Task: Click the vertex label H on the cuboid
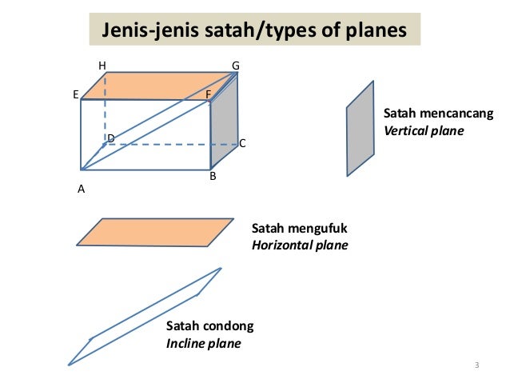pyautogui.click(x=102, y=66)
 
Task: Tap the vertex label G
pyautogui.click(x=236, y=66)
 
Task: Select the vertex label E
pyautogui.click(x=75, y=94)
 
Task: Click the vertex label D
pyautogui.click(x=111, y=138)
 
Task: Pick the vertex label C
pyautogui.click(x=242, y=144)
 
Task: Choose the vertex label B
pyautogui.click(x=213, y=176)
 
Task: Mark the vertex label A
pyautogui.click(x=81, y=190)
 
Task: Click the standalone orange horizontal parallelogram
pyautogui.click(x=156, y=231)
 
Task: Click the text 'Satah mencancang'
pyautogui.click(x=439, y=114)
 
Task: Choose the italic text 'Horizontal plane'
pyautogui.click(x=300, y=245)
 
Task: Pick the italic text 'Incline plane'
pyautogui.click(x=203, y=344)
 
